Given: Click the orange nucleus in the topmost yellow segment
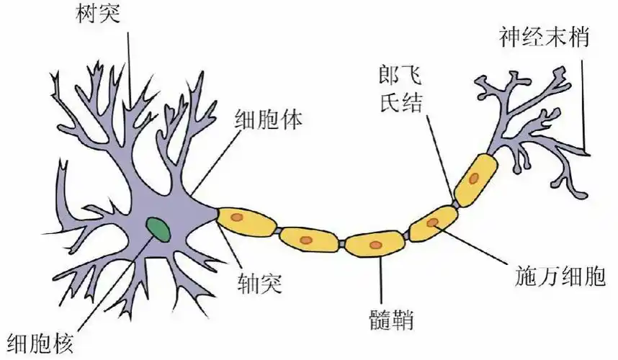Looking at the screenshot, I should [x=473, y=176].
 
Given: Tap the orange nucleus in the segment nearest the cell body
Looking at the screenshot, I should [x=241, y=217].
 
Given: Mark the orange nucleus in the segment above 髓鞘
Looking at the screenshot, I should [x=375, y=245].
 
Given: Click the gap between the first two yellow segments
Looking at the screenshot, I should [x=277, y=231].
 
